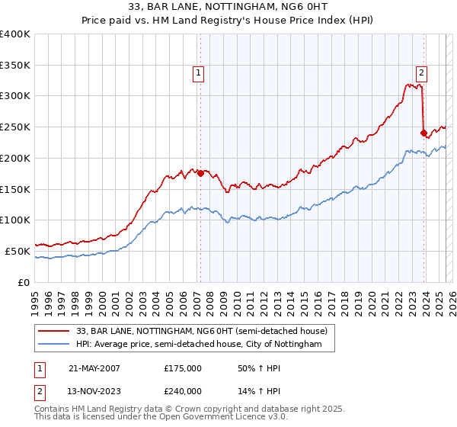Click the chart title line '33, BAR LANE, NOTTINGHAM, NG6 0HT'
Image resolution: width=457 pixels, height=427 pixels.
[228, 8]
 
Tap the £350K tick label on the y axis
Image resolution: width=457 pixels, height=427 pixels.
[15, 65]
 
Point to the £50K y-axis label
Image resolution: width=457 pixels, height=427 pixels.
[18, 251]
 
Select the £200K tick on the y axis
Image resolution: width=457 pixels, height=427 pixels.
[15, 158]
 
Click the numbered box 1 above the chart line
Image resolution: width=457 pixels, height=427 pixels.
[199, 73]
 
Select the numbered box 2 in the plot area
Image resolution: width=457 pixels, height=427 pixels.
[421, 73]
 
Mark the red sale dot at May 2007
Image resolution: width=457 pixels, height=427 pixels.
[200, 173]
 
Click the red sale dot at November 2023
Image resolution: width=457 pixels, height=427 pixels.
[423, 133]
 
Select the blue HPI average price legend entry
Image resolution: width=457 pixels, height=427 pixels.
[200, 345]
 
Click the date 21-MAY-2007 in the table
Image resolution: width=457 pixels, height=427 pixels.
[94, 368]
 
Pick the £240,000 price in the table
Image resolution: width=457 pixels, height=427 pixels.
[183, 391]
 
